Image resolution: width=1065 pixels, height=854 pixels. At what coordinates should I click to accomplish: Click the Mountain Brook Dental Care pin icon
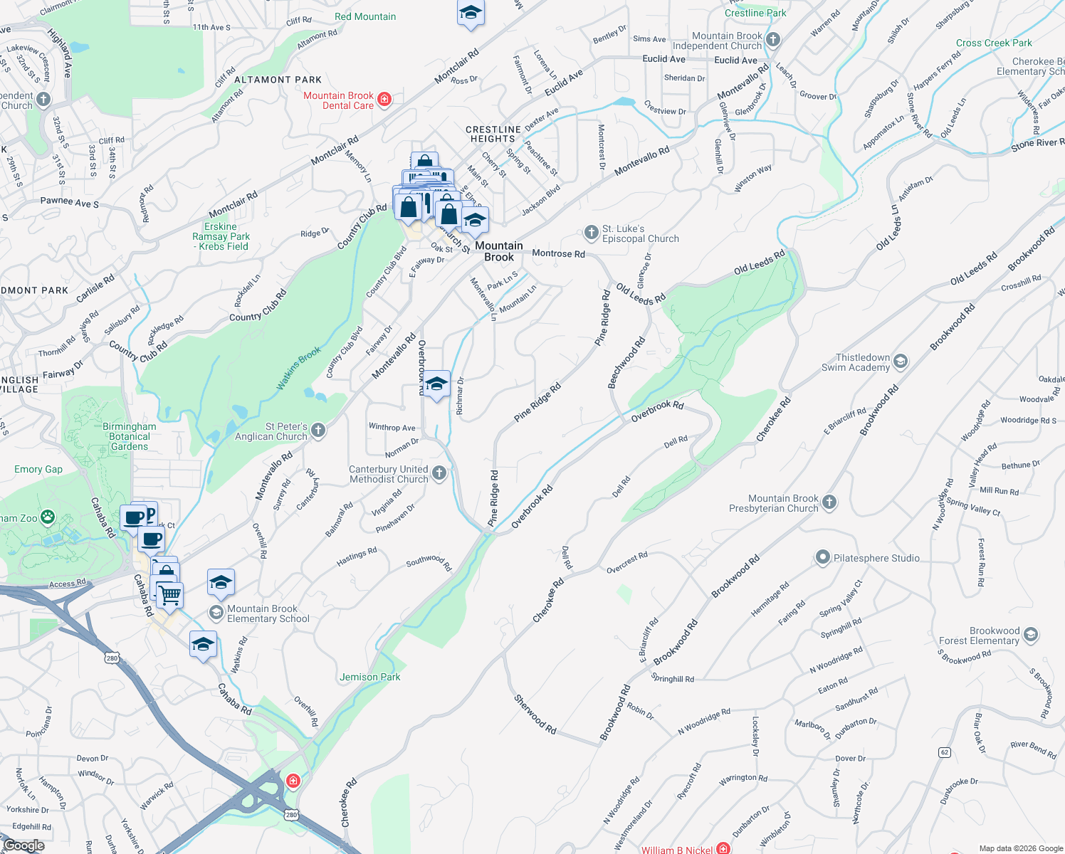point(384,99)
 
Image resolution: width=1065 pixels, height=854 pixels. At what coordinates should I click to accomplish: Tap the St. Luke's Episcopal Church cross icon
point(591,233)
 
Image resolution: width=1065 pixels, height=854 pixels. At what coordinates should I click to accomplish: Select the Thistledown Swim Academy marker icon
point(901,362)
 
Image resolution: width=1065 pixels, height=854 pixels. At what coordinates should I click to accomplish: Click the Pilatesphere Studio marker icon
point(823,557)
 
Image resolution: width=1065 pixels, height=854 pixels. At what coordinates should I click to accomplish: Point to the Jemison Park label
point(370,677)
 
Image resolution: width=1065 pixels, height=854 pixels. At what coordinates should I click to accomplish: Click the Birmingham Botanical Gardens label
point(130,436)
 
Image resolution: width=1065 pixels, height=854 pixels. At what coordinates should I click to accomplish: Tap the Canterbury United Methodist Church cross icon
point(439,473)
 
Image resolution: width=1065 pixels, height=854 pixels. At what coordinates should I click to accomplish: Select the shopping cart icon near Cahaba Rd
point(170,594)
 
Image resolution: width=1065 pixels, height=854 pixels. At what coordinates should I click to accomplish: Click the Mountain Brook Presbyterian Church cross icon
point(829,502)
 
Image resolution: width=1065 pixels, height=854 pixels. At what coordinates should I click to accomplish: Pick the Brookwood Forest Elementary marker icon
point(1031,635)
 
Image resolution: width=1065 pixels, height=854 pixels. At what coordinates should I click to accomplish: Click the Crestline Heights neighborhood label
point(493,134)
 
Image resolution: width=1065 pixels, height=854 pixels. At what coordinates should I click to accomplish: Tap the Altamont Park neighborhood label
point(278,80)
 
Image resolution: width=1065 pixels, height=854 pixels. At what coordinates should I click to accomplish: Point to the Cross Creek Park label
point(994,43)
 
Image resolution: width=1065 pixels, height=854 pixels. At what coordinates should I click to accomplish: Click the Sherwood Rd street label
point(535,714)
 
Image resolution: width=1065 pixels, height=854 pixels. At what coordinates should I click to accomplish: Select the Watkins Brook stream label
point(299,368)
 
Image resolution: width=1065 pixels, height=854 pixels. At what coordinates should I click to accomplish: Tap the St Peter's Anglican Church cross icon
point(318,431)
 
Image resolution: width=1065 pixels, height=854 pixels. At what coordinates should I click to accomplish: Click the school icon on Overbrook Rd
point(436,384)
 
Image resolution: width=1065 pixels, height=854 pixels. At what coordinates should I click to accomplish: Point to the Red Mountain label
point(365,16)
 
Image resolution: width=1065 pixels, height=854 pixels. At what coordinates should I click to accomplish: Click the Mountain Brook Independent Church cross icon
point(773,40)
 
